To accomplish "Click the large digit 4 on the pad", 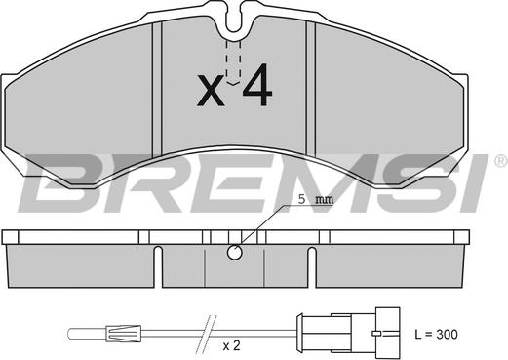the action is click(257, 85).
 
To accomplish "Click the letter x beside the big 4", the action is click(211, 91).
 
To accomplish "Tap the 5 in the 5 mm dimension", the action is click(302, 199).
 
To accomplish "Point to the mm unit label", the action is click(325, 200).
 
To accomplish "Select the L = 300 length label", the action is click(436, 334).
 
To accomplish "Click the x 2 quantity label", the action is click(231, 346).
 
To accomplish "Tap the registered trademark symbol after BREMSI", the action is click(501, 162).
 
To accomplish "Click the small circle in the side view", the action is click(234, 253).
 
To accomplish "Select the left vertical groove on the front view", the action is click(157, 89).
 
